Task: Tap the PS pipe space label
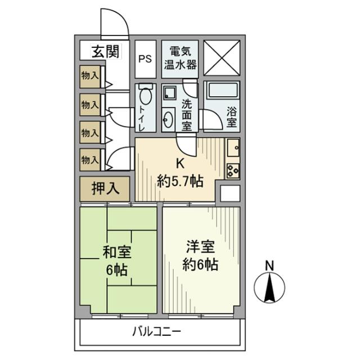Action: click(x=145, y=58)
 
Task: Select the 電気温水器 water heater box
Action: click(x=180, y=57)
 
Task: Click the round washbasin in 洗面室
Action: click(x=168, y=119)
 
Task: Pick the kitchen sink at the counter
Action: click(x=233, y=148)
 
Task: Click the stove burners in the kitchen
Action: click(x=233, y=170)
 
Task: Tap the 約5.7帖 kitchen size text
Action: click(x=180, y=181)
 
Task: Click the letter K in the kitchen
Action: click(x=181, y=164)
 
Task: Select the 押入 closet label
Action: click(x=106, y=188)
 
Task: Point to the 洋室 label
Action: click(x=201, y=246)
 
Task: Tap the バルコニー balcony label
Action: click(x=157, y=331)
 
